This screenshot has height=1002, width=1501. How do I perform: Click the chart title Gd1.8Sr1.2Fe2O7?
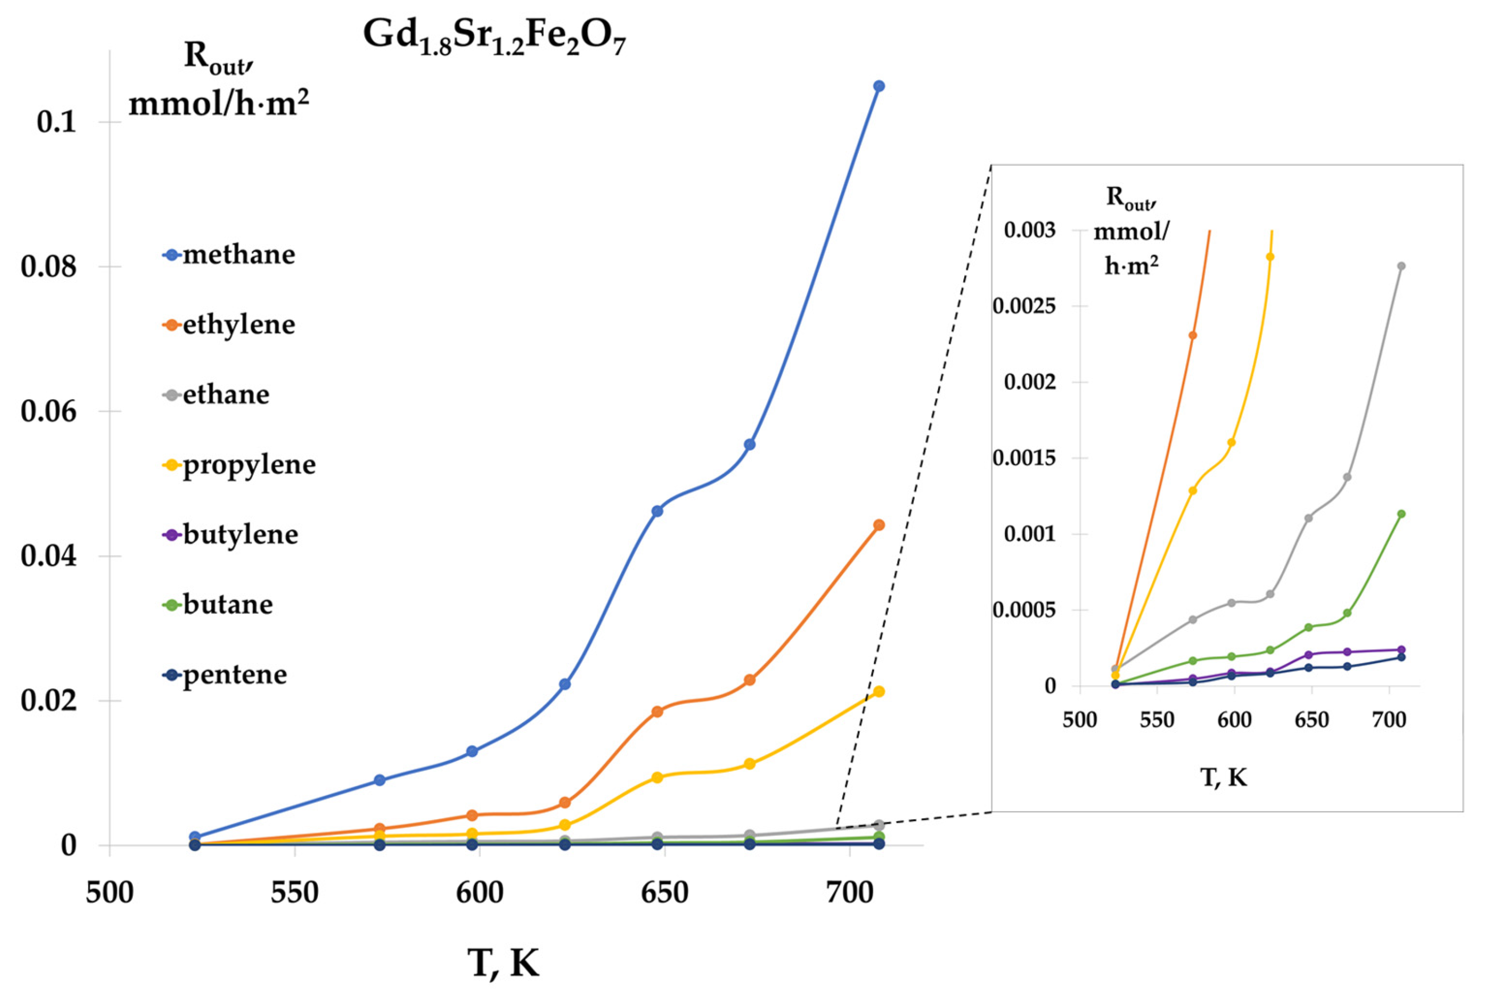click(494, 37)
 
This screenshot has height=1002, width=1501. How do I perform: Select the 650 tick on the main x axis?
click(664, 893)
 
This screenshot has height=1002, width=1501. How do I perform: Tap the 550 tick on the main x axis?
click(295, 893)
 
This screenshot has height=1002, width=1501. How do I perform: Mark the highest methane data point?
click(879, 86)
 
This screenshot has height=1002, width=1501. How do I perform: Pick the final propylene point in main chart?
click(879, 691)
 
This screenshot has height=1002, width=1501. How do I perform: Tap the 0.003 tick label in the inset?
click(1029, 230)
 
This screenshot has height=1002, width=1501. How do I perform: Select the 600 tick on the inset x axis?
click(1234, 720)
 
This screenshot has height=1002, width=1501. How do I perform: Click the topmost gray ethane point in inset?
click(1401, 266)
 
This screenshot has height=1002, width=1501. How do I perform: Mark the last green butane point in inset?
click(1401, 514)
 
